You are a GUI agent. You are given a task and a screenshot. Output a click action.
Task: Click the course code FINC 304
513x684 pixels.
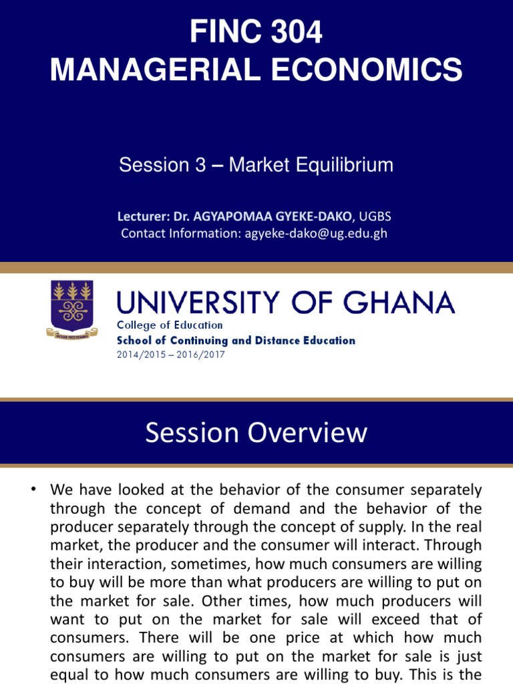tap(256, 32)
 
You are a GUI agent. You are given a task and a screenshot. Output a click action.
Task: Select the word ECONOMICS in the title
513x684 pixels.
tap(365, 69)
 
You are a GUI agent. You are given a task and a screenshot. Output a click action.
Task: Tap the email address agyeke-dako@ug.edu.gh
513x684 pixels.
tap(313, 233)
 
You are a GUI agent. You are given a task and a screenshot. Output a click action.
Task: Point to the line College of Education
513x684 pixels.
tap(170, 325)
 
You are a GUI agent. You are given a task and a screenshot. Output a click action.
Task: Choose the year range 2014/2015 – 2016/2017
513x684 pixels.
tap(171, 354)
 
